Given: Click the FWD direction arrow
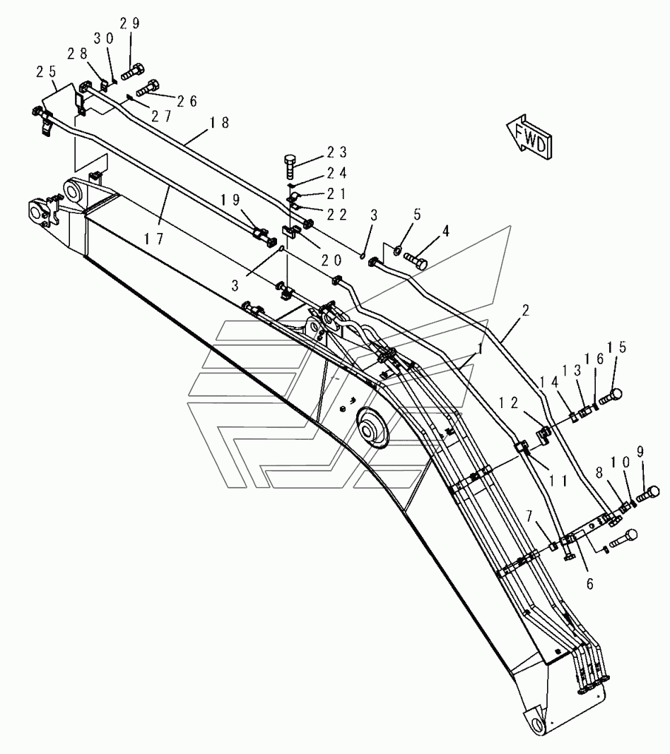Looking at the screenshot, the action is pos(529,136).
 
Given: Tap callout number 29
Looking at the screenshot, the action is pos(129,23).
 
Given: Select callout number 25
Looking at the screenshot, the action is pos(46,71).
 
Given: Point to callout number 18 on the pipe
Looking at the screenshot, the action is pos(219,123).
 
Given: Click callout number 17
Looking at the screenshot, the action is pos(153,238).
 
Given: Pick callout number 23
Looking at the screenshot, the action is pos(337,152).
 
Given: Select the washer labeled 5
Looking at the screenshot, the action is pos(399,250).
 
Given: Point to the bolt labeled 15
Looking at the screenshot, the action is pos(610,397).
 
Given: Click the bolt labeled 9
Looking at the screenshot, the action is pos(648,493).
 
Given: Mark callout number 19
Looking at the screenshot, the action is pos(230,200).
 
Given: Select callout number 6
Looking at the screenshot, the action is pos(589,583).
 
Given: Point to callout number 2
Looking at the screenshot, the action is pos(525,311).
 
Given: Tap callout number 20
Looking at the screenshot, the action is pos(331,260).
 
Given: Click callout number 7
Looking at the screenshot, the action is pos(530,516).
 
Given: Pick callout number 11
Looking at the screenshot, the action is pos(558,480).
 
